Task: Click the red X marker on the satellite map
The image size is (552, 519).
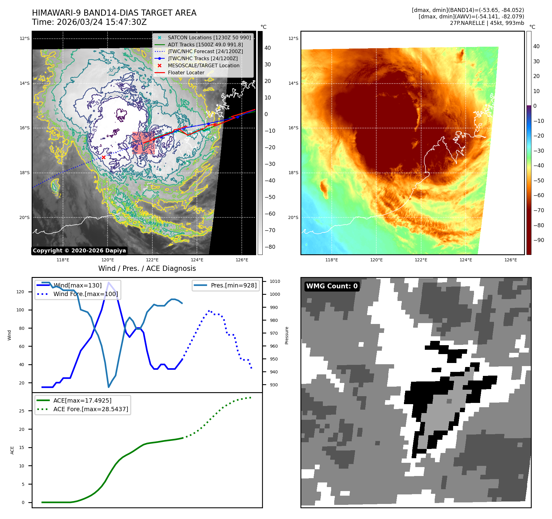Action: pos(104,157)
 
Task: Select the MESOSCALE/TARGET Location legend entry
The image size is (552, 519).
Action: pos(203,65)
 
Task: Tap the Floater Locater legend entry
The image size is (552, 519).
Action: pos(186,72)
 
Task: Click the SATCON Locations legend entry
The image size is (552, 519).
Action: pos(209,37)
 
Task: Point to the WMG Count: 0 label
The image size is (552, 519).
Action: pos(332,286)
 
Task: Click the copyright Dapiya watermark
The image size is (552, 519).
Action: pos(79,251)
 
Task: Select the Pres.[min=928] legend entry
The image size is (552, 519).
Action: pos(233,285)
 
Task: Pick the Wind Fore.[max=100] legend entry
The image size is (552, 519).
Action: pos(85,294)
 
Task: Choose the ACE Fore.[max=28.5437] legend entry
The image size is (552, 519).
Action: pos(90,409)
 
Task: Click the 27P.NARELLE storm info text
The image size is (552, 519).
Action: pos(487,23)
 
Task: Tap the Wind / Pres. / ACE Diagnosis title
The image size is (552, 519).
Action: pos(147,268)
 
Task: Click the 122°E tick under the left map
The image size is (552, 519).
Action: pos(152,260)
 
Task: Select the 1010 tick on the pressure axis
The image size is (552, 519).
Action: pos(275,281)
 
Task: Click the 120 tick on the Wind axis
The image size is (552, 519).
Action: pos(20,292)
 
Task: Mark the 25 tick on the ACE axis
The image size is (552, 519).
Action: pos(22,411)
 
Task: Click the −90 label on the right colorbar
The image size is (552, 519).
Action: pos(538,240)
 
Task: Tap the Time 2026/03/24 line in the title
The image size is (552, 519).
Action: pos(89,22)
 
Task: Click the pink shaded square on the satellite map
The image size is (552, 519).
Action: pos(143,143)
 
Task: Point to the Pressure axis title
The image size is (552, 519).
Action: pos(287,335)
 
